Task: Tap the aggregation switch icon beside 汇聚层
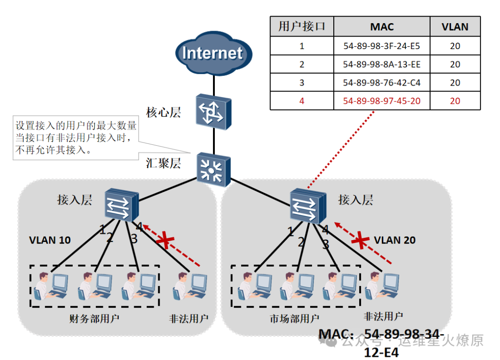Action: pyautogui.click(x=213, y=170)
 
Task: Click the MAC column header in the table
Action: pyautogui.click(x=382, y=27)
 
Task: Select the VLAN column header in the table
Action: pyautogui.click(x=455, y=27)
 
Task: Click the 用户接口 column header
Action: pyautogui.click(x=302, y=27)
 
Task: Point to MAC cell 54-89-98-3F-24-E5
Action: pyautogui.click(x=382, y=46)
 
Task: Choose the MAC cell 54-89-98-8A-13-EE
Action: pyautogui.click(x=382, y=64)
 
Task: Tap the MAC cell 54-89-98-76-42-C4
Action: pyautogui.click(x=382, y=83)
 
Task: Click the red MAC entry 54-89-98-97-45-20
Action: pyautogui.click(x=382, y=101)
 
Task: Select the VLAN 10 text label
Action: pyautogui.click(x=50, y=240)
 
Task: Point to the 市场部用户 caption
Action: pyautogui.click(x=294, y=318)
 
